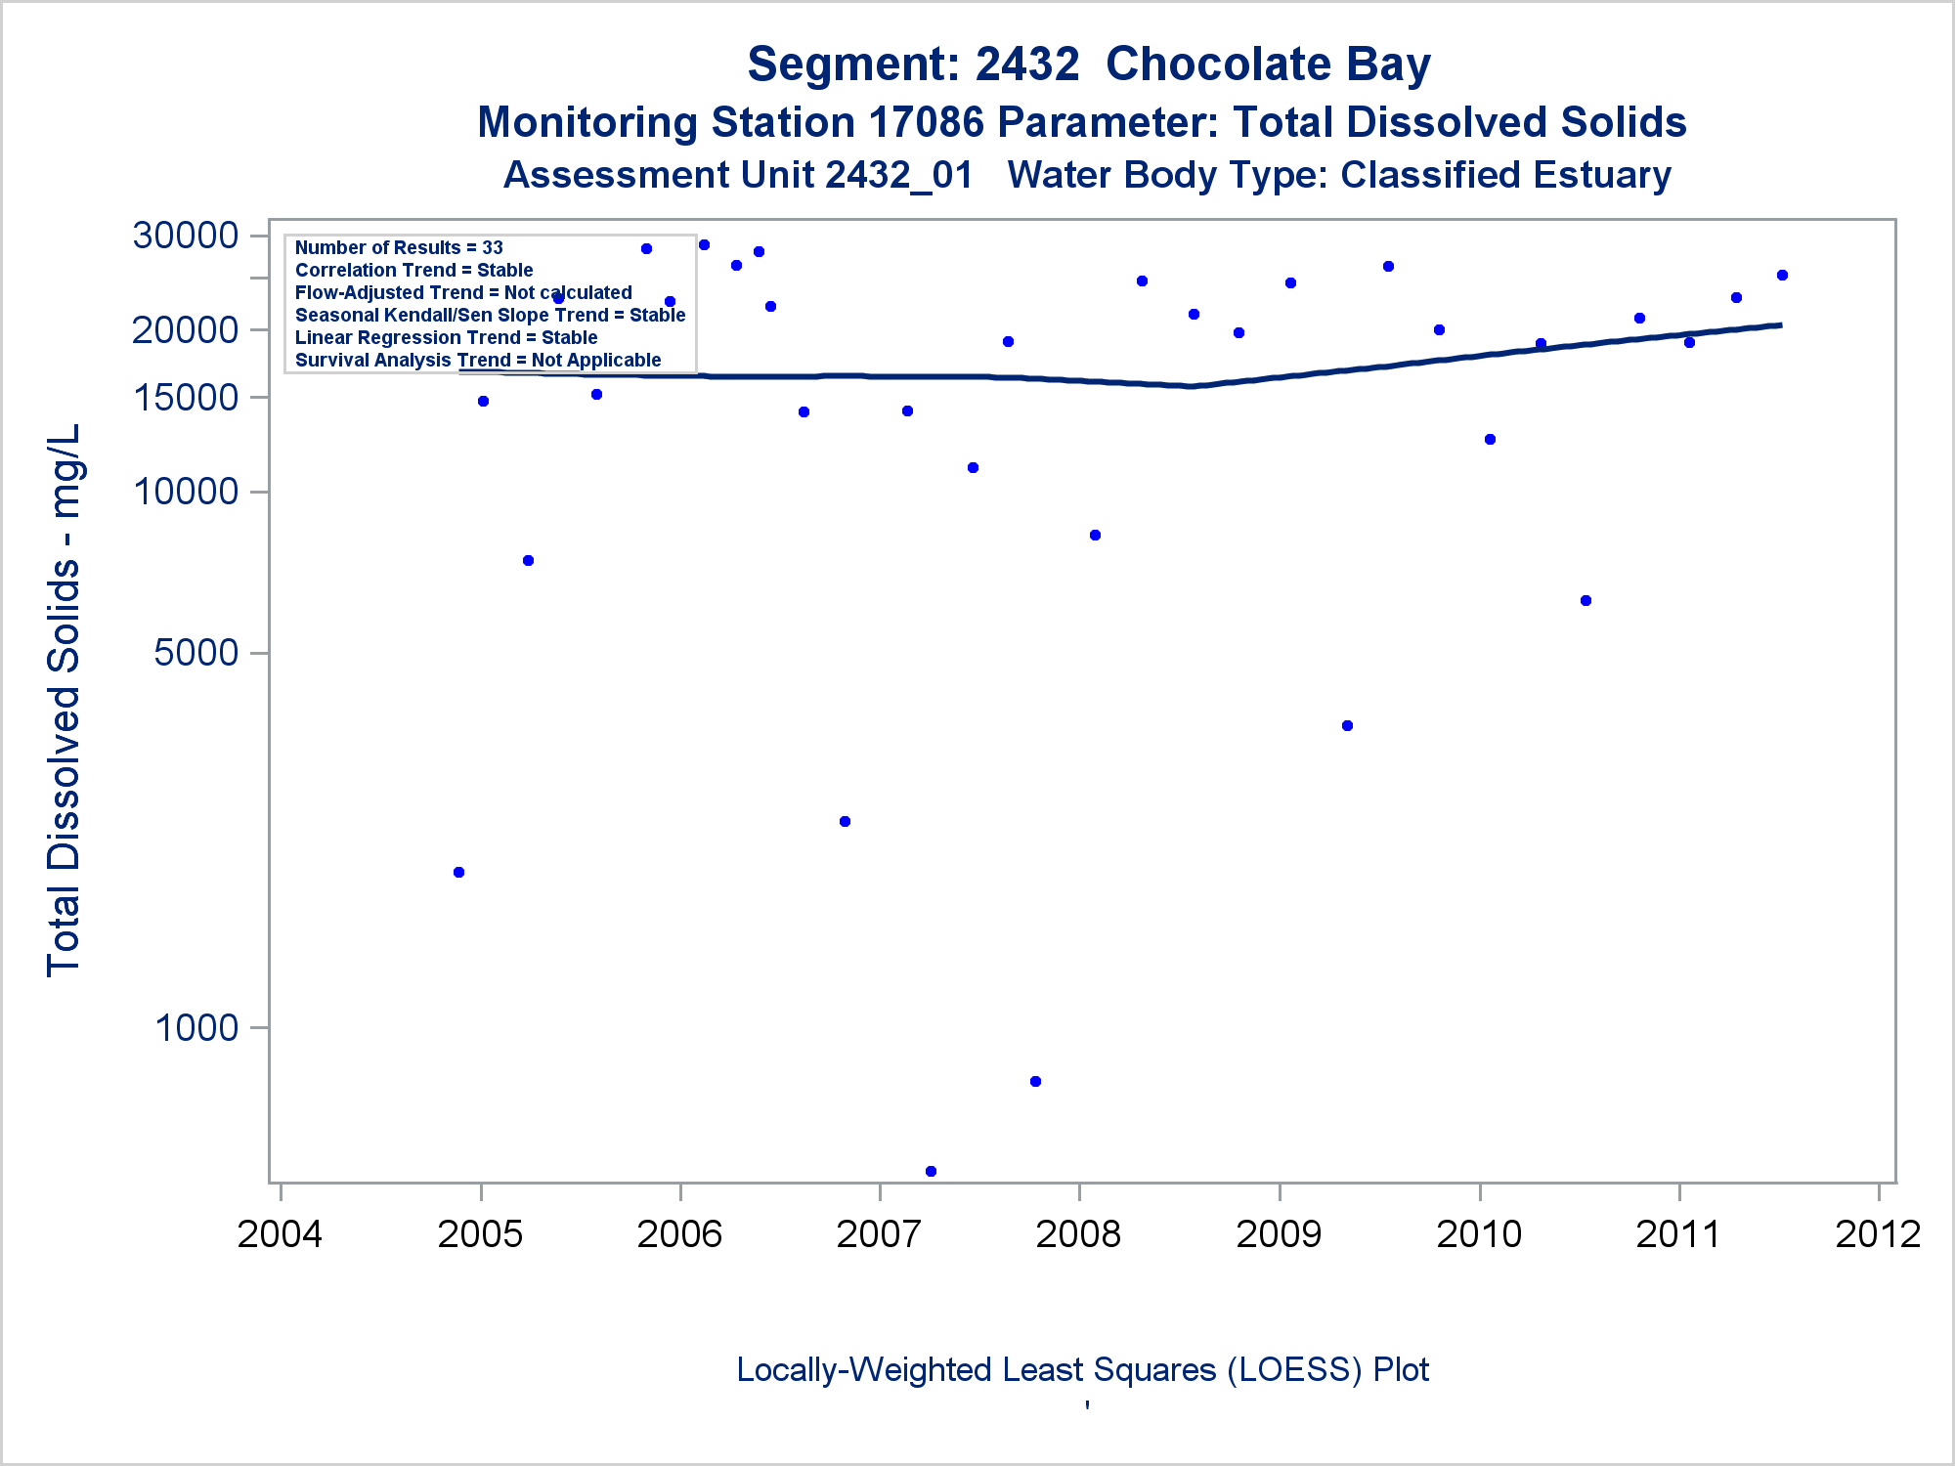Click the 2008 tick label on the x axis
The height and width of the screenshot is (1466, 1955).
[1078, 1234]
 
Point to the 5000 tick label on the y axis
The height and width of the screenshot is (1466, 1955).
[196, 652]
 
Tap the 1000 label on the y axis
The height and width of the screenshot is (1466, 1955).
[196, 1027]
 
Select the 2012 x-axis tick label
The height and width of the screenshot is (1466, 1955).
[1878, 1234]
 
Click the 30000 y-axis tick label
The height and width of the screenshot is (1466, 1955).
[186, 236]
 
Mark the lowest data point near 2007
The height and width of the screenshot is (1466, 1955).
[931, 1171]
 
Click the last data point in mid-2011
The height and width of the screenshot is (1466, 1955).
[1782, 276]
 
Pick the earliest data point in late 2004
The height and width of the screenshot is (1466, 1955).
[459, 872]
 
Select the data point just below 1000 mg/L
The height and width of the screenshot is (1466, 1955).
[1035, 1081]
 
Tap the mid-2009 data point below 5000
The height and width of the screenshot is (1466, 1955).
[1347, 725]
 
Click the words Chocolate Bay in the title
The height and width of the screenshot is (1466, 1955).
[1268, 65]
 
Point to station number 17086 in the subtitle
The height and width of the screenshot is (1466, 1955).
[926, 123]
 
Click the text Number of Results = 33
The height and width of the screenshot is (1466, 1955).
[399, 248]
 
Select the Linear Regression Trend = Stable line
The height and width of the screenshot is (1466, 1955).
[446, 338]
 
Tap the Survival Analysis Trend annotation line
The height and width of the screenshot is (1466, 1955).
[478, 361]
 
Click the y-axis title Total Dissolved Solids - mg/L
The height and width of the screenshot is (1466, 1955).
[64, 700]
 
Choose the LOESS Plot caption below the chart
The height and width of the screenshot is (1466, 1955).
[1082, 1370]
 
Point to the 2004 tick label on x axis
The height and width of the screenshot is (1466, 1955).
[280, 1234]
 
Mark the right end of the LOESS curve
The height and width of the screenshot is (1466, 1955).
[1780, 325]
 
